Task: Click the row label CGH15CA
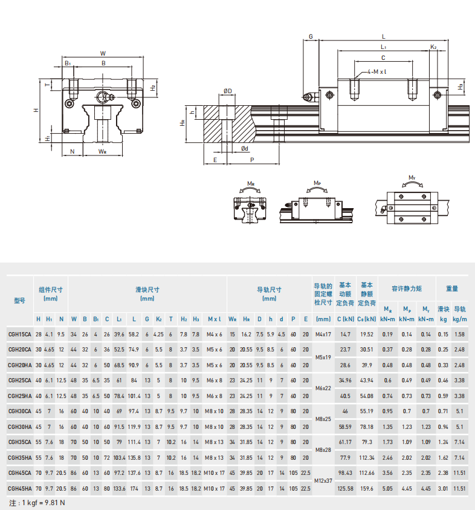[20, 335]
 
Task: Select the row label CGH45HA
[20, 489]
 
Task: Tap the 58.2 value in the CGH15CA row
[134, 335]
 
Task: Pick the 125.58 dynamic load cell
[345, 489]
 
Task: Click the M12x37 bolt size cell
[323, 481]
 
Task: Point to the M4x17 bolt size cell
[323, 335]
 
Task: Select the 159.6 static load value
[367, 489]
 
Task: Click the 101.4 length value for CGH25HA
[134, 396]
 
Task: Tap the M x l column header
[215, 319]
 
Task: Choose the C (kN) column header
[345, 319]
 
